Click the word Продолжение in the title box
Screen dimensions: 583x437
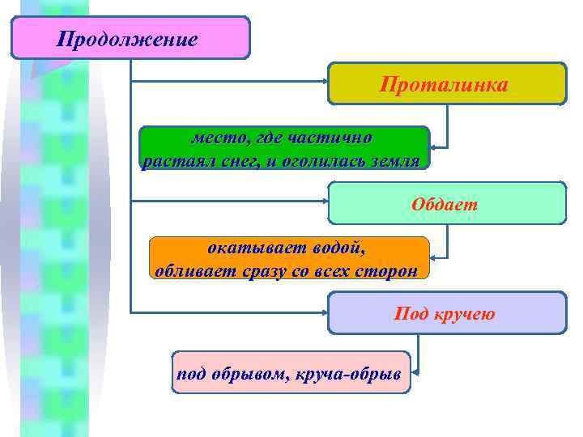coord(127,39)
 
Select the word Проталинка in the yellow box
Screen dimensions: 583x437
coord(445,84)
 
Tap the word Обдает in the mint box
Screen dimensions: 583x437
coord(445,204)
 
